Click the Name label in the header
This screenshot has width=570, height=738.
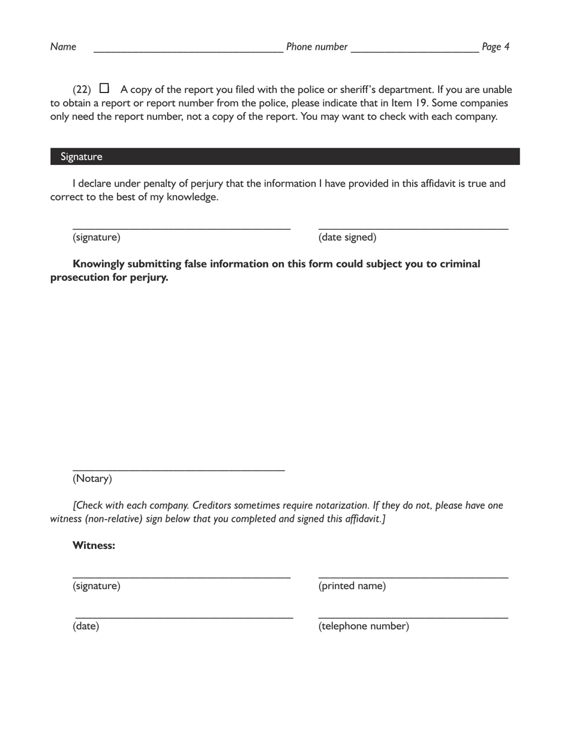63,47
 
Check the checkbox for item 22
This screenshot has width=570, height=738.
104,88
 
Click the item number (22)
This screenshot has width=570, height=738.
82,90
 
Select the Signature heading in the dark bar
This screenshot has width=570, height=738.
81,157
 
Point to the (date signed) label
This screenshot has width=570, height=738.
347,238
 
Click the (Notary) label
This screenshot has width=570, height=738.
92,479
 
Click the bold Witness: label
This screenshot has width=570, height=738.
94,545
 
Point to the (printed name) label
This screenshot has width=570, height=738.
352,586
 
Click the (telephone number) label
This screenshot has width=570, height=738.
364,626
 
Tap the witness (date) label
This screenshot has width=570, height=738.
86,626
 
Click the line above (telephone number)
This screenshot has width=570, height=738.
413,617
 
